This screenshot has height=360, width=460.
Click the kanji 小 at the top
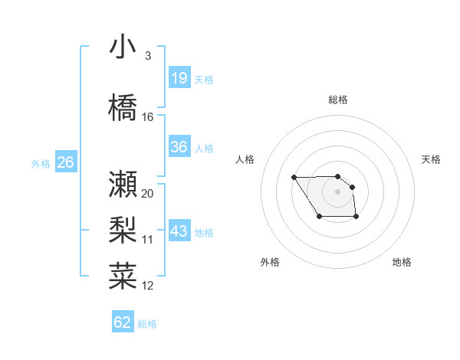(x=123, y=48)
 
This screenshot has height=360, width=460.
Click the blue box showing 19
(x=179, y=78)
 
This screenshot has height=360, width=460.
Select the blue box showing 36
(x=179, y=147)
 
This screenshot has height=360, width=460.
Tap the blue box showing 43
(x=179, y=231)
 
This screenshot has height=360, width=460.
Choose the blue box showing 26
(x=65, y=162)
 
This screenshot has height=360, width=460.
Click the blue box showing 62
(x=123, y=322)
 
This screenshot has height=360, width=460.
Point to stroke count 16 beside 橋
(x=148, y=117)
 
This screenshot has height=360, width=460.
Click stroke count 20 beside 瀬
(x=148, y=193)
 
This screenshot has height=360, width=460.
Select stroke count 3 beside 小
(x=147, y=56)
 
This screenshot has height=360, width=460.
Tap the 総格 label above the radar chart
(x=338, y=100)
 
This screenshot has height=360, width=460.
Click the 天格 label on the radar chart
(x=432, y=159)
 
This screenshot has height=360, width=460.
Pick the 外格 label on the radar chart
(x=270, y=262)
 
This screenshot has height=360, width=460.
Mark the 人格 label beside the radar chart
(x=245, y=159)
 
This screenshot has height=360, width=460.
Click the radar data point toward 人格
(x=294, y=178)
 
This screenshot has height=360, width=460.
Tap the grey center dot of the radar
(x=338, y=191)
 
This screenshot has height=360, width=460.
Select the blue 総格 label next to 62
(x=147, y=324)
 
